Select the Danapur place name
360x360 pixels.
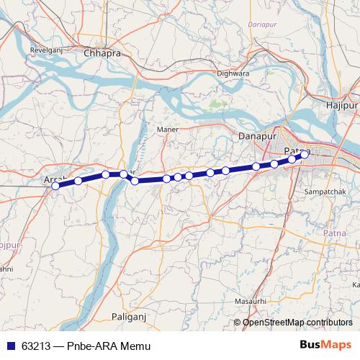pos(256,135)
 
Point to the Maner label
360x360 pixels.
pos(166,130)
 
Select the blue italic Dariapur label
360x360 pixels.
pos(262,24)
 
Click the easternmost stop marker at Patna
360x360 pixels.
pos(305,154)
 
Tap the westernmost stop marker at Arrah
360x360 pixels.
pos(55,186)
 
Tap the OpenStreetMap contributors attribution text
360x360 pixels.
pos(297,323)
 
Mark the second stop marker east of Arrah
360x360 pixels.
pos(105,174)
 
